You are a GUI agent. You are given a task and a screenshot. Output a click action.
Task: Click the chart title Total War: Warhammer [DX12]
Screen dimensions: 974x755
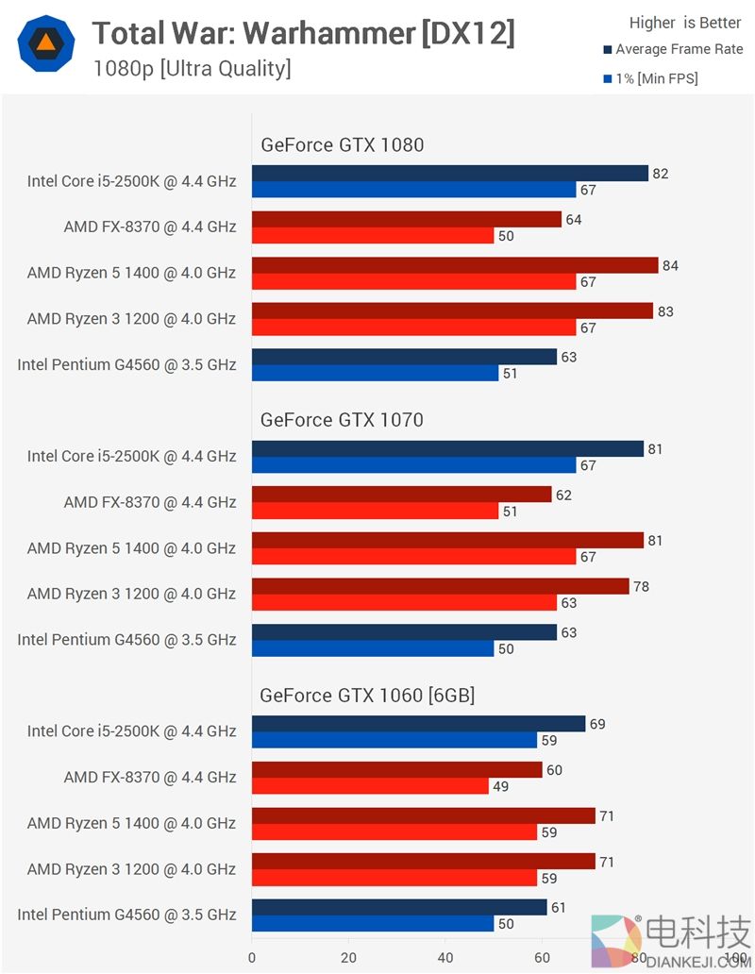(x=303, y=34)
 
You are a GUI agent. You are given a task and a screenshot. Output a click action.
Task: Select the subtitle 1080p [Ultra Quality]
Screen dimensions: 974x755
(x=192, y=69)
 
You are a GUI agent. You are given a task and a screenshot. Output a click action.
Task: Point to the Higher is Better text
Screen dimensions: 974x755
(x=685, y=23)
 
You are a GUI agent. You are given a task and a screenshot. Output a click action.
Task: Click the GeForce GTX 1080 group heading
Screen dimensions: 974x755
(x=342, y=144)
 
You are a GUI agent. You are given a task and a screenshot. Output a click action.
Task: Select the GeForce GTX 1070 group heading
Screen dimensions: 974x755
(x=342, y=420)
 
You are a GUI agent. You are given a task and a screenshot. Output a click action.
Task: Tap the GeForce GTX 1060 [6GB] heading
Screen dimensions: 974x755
(x=367, y=696)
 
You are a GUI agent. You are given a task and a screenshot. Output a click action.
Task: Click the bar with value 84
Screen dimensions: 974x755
(x=454, y=265)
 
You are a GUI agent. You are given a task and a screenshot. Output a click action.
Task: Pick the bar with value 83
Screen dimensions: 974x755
(x=452, y=311)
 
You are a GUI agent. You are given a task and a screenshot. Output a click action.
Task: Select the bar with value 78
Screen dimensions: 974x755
(x=440, y=586)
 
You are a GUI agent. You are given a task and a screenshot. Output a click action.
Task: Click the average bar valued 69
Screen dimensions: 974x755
(x=418, y=724)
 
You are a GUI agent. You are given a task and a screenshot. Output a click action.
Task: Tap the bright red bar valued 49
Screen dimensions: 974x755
(x=370, y=785)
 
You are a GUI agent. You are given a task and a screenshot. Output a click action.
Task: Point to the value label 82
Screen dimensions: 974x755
(x=661, y=174)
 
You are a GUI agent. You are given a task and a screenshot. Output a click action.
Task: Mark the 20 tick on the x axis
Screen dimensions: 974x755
(x=348, y=956)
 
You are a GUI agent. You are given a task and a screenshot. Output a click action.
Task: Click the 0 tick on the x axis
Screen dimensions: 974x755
(x=252, y=956)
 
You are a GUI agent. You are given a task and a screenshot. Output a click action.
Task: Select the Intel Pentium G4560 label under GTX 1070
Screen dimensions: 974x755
(x=126, y=640)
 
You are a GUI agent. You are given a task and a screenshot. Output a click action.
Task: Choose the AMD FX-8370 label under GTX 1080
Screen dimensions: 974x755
(x=150, y=227)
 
